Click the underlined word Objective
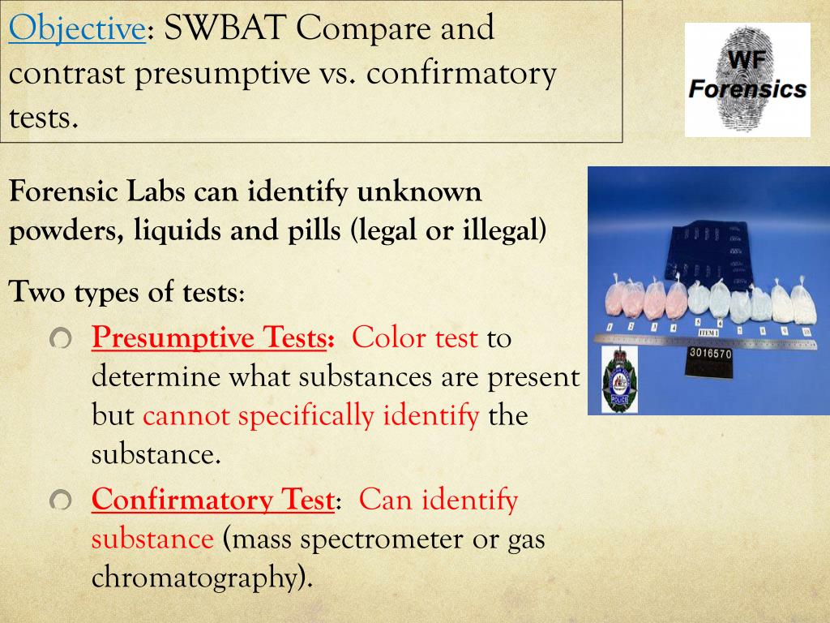(x=76, y=30)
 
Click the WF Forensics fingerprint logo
(x=747, y=79)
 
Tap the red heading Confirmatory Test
(x=212, y=500)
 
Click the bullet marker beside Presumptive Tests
(x=61, y=338)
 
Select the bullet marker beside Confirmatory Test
(x=61, y=501)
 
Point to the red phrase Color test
(x=415, y=337)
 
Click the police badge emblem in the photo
(x=618, y=379)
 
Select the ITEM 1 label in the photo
(x=708, y=333)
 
